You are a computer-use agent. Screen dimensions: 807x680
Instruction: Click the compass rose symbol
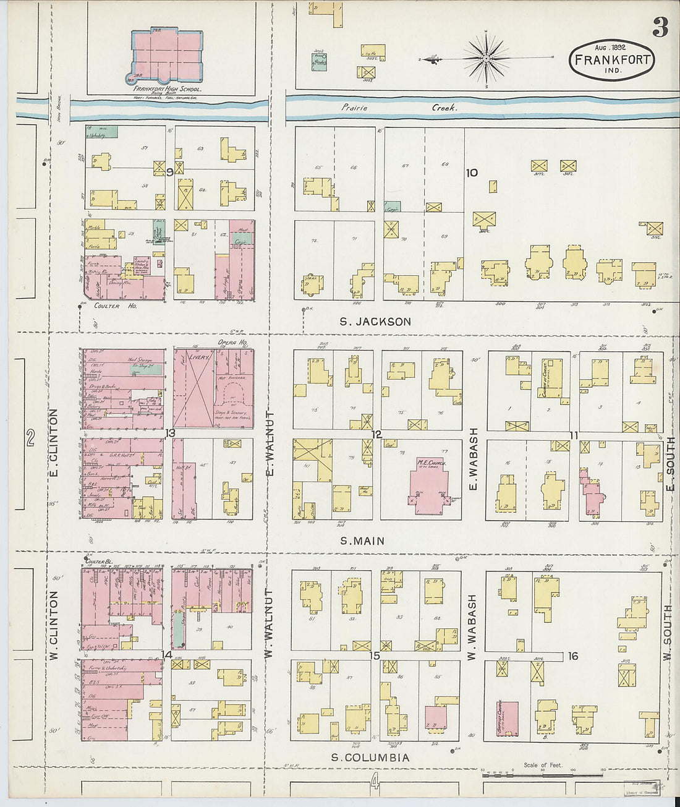click(487, 58)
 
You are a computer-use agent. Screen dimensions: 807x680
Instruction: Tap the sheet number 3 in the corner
click(660, 27)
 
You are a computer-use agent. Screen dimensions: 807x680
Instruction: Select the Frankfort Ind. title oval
click(611, 60)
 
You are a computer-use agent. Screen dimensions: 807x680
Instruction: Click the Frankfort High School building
click(167, 56)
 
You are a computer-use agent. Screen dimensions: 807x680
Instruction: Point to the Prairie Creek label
click(399, 108)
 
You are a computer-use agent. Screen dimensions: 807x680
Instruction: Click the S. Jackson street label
click(375, 322)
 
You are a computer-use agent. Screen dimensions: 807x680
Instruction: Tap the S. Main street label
click(362, 541)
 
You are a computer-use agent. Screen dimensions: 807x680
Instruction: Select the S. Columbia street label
click(370, 758)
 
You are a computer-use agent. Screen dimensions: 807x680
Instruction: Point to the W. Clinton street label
click(53, 625)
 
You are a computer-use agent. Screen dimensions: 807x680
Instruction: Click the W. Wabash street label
click(472, 627)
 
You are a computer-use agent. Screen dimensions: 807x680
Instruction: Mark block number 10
click(472, 173)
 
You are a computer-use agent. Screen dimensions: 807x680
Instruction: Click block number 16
click(573, 656)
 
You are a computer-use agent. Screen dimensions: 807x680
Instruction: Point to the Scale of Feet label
click(543, 765)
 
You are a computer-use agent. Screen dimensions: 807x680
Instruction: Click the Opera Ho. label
click(232, 343)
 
